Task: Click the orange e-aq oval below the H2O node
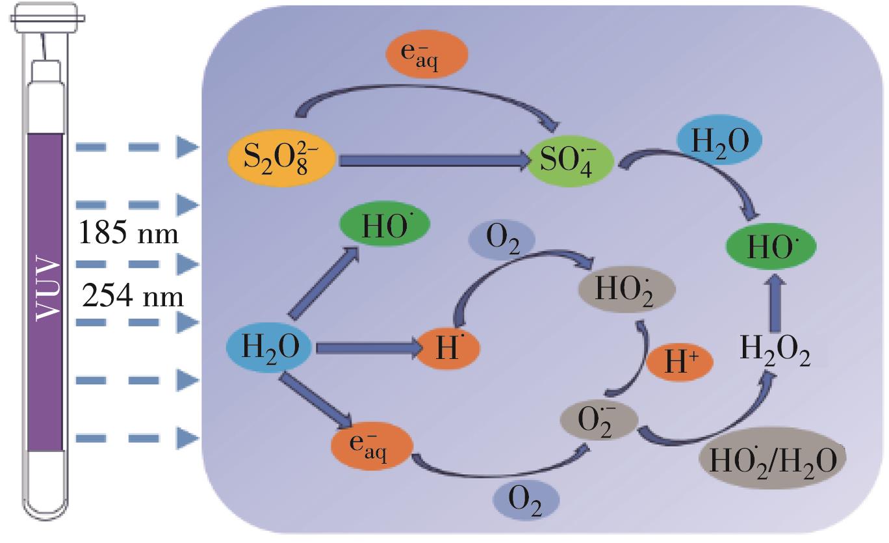372,447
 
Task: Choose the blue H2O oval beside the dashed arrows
270,348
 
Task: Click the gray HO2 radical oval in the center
626,289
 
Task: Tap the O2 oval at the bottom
526,502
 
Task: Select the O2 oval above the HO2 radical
502,241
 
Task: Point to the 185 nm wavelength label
128,233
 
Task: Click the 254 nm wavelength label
133,297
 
